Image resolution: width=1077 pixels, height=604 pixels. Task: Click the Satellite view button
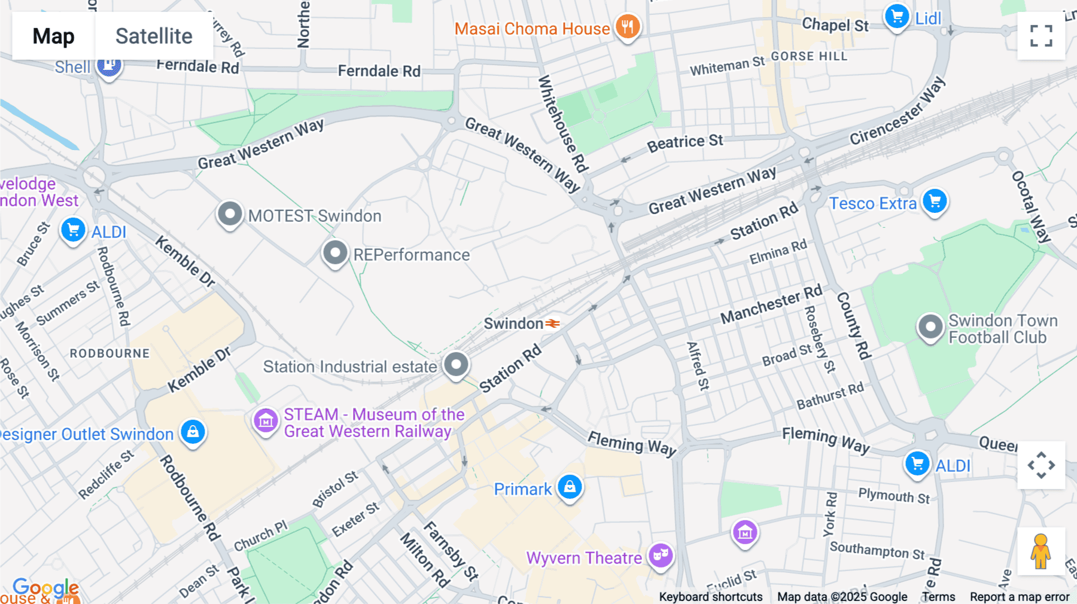pyautogui.click(x=154, y=36)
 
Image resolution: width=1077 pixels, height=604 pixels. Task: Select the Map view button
pyautogui.click(x=53, y=36)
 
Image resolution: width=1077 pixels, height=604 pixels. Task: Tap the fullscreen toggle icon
pyautogui.click(x=1041, y=36)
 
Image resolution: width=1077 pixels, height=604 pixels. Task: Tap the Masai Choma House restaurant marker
pyautogui.click(x=627, y=26)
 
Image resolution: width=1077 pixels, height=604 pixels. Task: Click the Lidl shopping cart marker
pyautogui.click(x=896, y=17)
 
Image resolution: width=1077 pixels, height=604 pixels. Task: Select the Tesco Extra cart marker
pyautogui.click(x=935, y=201)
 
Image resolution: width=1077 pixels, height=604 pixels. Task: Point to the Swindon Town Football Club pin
pyautogui.click(x=930, y=327)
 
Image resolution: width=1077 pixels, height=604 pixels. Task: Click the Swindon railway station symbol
pyautogui.click(x=553, y=324)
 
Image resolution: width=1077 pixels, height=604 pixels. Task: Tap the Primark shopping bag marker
pyautogui.click(x=570, y=487)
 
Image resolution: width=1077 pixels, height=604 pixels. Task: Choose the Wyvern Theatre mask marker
pyautogui.click(x=661, y=556)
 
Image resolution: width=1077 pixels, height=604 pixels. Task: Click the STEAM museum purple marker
pyautogui.click(x=266, y=421)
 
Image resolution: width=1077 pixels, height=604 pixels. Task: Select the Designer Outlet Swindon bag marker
pyautogui.click(x=193, y=432)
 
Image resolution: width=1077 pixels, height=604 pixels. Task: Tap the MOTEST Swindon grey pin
pyautogui.click(x=230, y=213)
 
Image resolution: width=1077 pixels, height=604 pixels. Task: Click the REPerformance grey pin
pyautogui.click(x=335, y=253)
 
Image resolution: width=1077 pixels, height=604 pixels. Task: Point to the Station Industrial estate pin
pyautogui.click(x=456, y=364)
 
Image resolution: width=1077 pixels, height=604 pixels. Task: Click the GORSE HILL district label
pyautogui.click(x=809, y=56)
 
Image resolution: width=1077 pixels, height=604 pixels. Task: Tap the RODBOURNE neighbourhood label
pyautogui.click(x=109, y=353)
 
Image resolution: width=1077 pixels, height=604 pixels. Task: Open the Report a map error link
pyautogui.click(x=1019, y=597)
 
